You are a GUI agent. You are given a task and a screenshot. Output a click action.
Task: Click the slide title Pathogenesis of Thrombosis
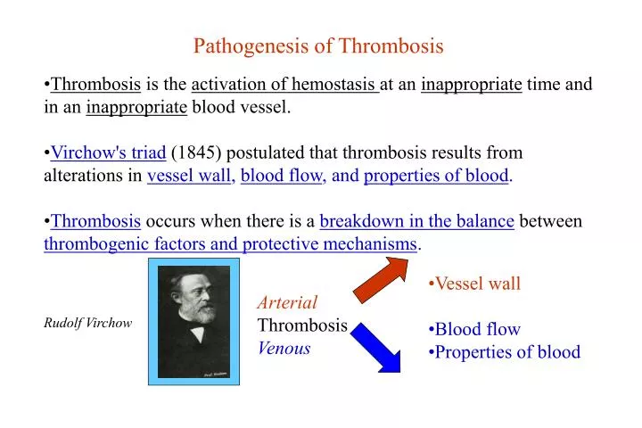click(x=318, y=45)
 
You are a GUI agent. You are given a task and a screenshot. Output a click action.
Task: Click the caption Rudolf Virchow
click(x=87, y=323)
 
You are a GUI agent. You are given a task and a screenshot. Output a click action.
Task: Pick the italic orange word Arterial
click(x=287, y=302)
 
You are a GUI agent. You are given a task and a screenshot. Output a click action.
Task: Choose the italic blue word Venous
click(x=284, y=348)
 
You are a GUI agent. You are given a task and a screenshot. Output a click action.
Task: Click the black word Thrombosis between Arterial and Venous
click(x=302, y=325)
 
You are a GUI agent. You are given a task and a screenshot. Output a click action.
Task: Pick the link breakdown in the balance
click(x=416, y=221)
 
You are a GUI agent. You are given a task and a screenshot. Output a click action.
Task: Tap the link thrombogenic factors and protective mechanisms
click(x=231, y=243)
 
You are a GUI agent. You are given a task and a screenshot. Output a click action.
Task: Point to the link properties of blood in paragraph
click(x=436, y=176)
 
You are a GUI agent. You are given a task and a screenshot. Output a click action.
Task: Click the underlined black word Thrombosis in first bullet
click(x=95, y=86)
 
